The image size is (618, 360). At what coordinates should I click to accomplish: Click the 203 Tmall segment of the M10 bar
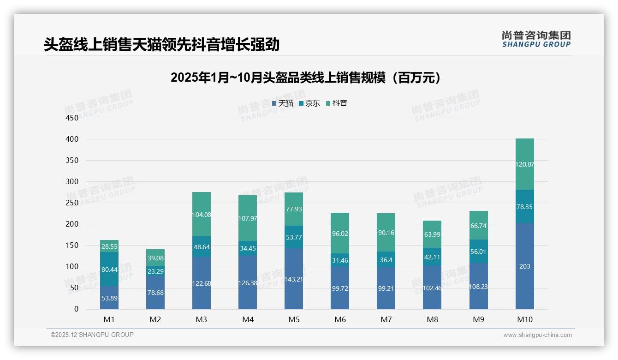(x=524, y=266)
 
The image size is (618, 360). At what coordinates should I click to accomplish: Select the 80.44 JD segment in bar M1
(x=109, y=269)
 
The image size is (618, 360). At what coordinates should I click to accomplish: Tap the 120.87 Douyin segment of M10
(x=524, y=164)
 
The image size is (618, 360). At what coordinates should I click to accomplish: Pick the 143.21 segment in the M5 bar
(x=294, y=279)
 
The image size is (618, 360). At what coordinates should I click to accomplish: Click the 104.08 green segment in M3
(x=202, y=215)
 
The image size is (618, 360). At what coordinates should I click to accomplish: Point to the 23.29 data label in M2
(x=155, y=272)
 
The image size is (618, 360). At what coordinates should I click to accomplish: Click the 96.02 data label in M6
(x=340, y=234)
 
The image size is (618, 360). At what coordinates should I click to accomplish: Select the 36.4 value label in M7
(x=386, y=260)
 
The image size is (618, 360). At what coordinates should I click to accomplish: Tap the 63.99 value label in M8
(x=432, y=234)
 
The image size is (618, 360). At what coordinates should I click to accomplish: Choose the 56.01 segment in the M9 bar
(x=478, y=252)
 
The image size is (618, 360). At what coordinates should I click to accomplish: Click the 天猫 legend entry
(x=282, y=103)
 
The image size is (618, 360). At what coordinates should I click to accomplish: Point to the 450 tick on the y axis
(x=72, y=118)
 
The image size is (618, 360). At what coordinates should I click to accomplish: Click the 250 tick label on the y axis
(x=72, y=203)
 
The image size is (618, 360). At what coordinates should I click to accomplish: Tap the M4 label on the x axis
(x=248, y=319)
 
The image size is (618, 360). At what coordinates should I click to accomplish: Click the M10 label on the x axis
(x=524, y=319)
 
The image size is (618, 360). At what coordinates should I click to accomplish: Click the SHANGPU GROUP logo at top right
(x=536, y=39)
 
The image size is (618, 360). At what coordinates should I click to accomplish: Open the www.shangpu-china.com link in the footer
(x=537, y=335)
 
